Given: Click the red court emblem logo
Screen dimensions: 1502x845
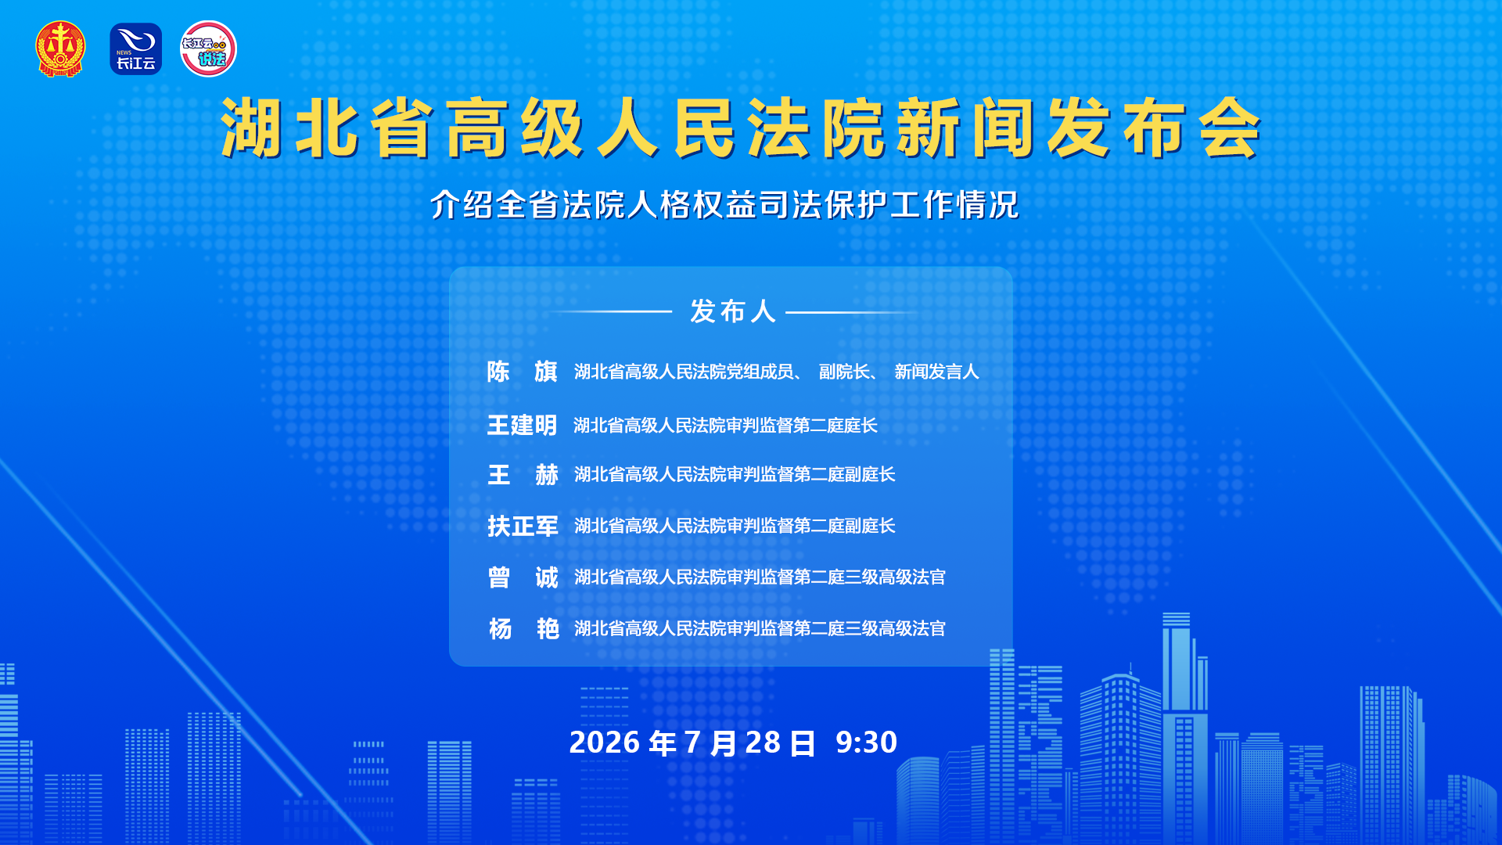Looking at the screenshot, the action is tap(60, 49).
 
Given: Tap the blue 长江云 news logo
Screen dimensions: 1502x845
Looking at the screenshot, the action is tap(136, 49).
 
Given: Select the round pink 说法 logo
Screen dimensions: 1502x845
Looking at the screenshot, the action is tap(208, 49).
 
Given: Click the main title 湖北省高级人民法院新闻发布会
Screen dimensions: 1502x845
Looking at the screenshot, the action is tap(741, 128).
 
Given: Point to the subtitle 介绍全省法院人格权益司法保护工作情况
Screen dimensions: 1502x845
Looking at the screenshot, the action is tap(724, 205).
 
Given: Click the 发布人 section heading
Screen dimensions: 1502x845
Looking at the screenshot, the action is tap(732, 311).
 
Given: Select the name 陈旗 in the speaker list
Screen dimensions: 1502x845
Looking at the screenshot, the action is tap(522, 372).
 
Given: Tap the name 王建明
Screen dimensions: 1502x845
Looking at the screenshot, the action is tap(522, 425).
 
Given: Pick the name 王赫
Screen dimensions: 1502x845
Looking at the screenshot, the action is tap(523, 475).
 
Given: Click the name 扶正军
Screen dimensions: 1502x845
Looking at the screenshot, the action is tap(523, 526).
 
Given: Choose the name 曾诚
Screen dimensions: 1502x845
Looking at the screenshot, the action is tap(523, 577).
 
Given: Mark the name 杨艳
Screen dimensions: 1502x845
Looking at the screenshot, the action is tap(523, 628).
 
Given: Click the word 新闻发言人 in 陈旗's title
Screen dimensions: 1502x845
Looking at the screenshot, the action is tap(936, 372).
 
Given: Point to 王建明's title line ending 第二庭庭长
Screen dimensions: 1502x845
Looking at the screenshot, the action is tap(725, 425).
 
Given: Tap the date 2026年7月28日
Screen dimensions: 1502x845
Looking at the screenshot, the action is tap(692, 743).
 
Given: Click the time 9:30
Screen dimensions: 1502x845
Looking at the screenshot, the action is tap(866, 743).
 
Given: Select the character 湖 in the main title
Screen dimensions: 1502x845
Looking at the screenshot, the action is tap(251, 128).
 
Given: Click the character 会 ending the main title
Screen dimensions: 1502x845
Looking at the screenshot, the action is tap(1231, 128).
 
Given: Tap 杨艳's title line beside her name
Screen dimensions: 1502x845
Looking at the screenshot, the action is tap(760, 628).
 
